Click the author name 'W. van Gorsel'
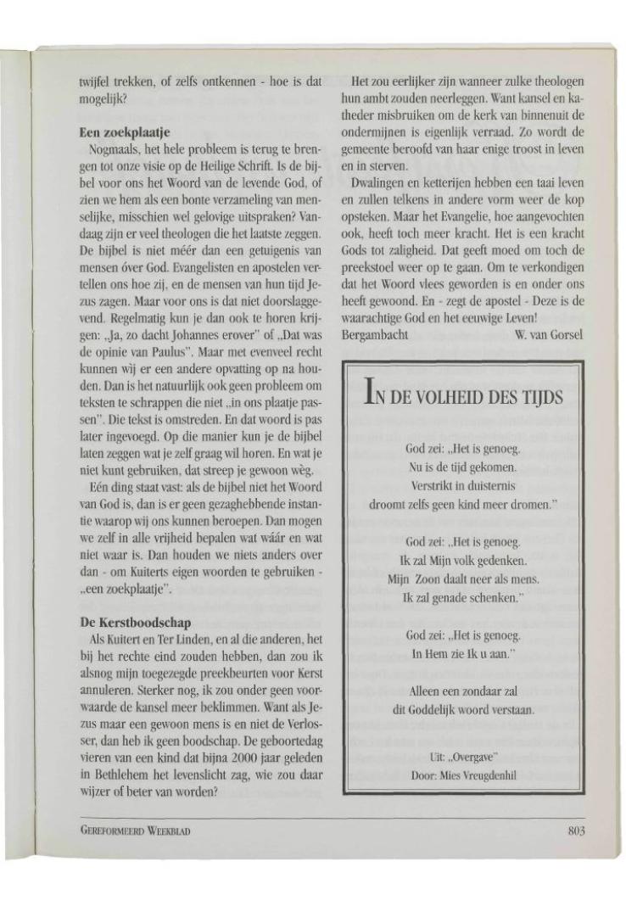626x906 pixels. click(x=549, y=333)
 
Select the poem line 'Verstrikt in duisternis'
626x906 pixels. click(x=463, y=486)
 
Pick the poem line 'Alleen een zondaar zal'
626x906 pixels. click(x=463, y=691)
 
